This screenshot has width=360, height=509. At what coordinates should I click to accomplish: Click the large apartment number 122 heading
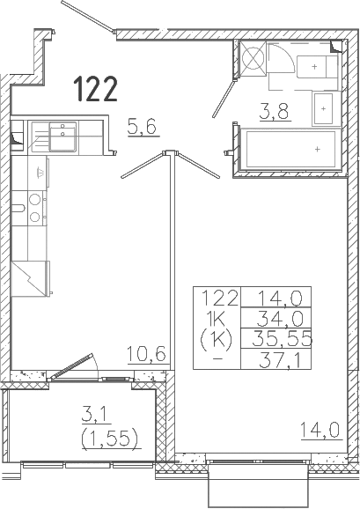click(x=95, y=88)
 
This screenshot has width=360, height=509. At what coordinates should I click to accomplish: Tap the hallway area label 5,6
click(x=142, y=127)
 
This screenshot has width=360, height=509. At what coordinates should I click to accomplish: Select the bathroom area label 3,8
click(x=274, y=111)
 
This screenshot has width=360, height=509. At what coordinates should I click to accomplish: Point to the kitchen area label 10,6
click(x=147, y=354)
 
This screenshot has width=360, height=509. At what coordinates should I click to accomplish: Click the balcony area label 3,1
click(x=96, y=415)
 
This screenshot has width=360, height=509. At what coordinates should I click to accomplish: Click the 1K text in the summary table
click(x=217, y=320)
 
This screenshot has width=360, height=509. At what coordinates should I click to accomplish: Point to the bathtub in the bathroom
click(x=290, y=149)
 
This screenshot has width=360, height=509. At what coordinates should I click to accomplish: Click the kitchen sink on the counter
click(x=62, y=136)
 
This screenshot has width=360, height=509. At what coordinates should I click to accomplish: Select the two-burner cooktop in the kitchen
click(x=34, y=208)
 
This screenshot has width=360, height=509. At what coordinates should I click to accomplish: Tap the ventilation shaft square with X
click(x=253, y=58)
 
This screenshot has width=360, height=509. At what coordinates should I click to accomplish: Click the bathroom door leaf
click(x=224, y=99)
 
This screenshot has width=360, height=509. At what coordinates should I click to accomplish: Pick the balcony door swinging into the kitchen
click(x=70, y=367)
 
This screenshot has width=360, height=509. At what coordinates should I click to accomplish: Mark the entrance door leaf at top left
click(x=88, y=17)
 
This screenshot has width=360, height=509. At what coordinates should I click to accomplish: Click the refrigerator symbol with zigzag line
click(x=30, y=278)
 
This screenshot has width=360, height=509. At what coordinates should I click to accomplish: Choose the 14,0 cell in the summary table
click(x=280, y=298)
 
